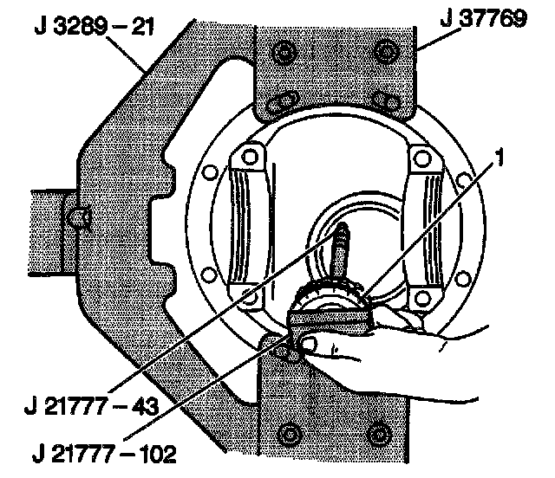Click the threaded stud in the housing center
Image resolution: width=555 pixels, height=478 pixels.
[x=342, y=248]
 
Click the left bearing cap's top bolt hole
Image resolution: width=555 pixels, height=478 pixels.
[x=250, y=158]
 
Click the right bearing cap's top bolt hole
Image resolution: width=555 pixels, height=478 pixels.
[x=424, y=158]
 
